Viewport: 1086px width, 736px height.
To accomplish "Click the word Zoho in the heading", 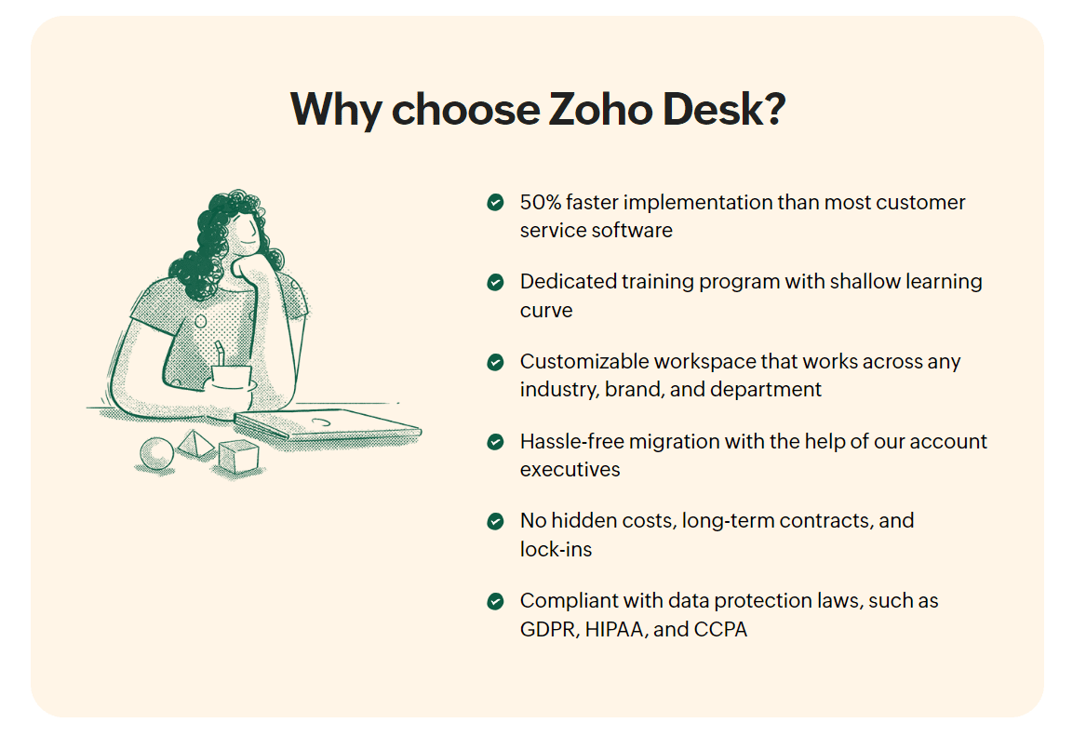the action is [x=600, y=110].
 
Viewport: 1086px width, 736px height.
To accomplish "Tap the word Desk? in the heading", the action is [x=724, y=110].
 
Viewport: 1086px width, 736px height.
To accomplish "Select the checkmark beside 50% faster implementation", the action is [x=495, y=202].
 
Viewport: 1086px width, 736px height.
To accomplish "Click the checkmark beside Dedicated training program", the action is [x=495, y=282].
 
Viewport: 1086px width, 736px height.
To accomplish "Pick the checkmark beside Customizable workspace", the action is [x=495, y=362].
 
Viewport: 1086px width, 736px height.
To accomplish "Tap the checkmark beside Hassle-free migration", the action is [x=495, y=442].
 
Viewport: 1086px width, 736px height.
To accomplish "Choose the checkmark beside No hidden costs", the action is [x=495, y=521].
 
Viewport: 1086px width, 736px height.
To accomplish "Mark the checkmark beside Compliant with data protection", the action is [x=495, y=601].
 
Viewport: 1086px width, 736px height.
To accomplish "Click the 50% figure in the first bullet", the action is [x=541, y=202].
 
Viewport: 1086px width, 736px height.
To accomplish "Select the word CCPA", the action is [x=720, y=629].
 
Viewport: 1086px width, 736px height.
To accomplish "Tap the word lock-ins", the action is [x=556, y=549].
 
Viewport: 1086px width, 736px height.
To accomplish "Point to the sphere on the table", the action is [x=156, y=454].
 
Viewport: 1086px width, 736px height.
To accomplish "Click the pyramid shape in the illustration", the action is [x=196, y=444].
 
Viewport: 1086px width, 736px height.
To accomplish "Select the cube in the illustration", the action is [x=238, y=457].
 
